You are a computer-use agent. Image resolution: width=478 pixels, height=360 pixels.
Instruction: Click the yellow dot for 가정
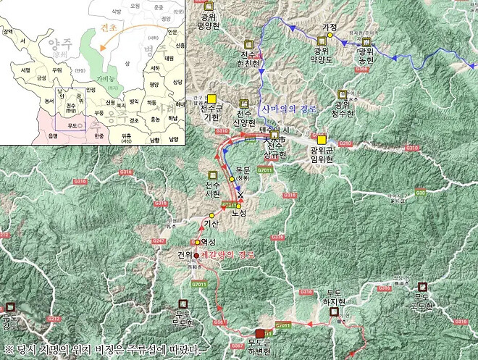(x=332, y=34)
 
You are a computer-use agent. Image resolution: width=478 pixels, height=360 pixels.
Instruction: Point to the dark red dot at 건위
(x=196, y=255)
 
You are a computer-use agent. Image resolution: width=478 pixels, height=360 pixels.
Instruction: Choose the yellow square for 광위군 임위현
(x=322, y=139)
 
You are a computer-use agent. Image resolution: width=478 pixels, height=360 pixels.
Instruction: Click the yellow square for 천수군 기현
(x=212, y=99)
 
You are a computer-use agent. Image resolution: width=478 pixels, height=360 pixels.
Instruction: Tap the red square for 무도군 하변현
(x=261, y=333)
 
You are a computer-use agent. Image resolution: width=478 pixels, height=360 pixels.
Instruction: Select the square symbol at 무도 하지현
(x=334, y=311)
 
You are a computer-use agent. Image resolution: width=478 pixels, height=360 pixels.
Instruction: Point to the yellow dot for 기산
(x=211, y=216)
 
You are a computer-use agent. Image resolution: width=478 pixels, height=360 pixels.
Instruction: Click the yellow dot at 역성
(x=196, y=242)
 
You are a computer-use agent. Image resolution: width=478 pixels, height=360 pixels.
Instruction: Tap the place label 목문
(x=242, y=171)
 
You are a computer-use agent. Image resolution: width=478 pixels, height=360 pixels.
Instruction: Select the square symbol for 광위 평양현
(x=211, y=6)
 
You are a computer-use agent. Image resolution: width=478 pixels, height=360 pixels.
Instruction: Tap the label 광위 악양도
(x=322, y=56)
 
